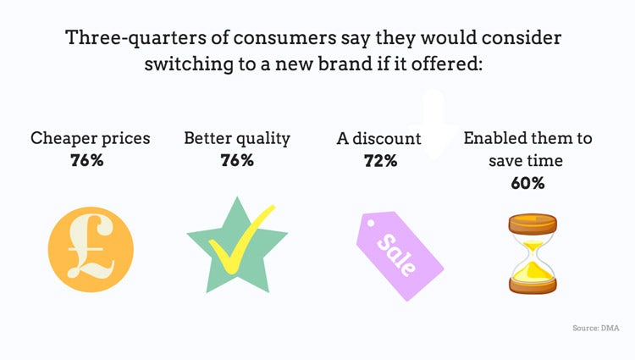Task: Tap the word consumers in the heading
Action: click(x=284, y=38)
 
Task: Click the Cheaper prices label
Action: click(x=91, y=139)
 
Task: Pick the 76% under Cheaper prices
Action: click(x=87, y=160)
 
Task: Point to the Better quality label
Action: click(x=237, y=139)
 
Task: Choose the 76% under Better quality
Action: click(x=237, y=160)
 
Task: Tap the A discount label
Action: click(x=379, y=138)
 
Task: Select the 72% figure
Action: click(x=381, y=161)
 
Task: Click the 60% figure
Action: click(x=527, y=183)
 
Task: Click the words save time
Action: click(x=526, y=161)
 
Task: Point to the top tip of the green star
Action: click(x=237, y=197)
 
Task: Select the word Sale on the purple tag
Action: click(x=396, y=255)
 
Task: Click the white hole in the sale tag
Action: click(x=371, y=223)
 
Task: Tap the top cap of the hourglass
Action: click(x=533, y=224)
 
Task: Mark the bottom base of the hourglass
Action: click(x=533, y=286)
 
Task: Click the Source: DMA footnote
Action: click(x=596, y=328)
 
